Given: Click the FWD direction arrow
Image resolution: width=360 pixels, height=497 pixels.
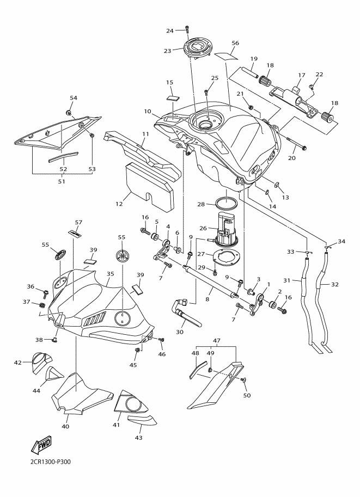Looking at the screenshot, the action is (41, 445).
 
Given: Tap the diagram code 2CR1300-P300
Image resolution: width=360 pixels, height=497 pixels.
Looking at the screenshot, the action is (48, 462).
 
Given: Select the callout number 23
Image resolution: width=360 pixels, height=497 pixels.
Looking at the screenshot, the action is (167, 51).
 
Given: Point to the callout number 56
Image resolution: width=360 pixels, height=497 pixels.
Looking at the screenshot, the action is (235, 43).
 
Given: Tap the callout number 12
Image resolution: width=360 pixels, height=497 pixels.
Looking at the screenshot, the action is (119, 204).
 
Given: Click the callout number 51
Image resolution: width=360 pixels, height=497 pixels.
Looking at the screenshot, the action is (62, 182).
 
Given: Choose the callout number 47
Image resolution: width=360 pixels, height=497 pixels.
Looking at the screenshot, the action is (217, 341).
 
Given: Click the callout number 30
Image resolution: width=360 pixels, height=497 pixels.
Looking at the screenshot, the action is (180, 333).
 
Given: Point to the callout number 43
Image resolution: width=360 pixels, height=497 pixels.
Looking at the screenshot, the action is (138, 438).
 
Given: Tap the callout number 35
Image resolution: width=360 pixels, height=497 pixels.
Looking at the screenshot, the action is (111, 273).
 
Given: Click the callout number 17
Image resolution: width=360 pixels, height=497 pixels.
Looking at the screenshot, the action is (302, 75).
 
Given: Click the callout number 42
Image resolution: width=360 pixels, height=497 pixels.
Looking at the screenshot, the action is (18, 363).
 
